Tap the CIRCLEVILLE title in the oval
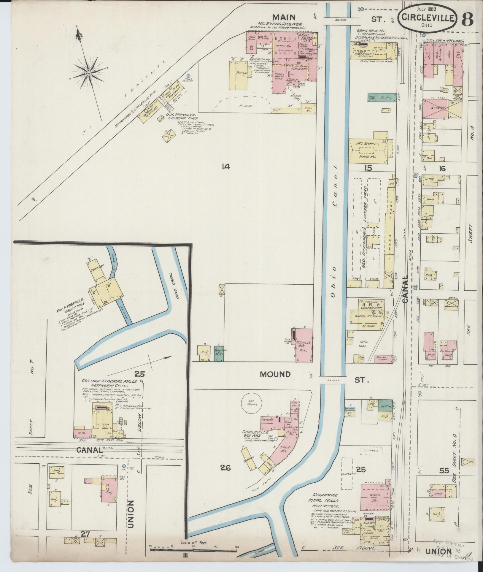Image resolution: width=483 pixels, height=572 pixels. click(x=428, y=18)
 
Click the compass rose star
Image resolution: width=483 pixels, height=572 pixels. click(x=89, y=73)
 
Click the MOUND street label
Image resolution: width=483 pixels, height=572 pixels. click(x=275, y=374)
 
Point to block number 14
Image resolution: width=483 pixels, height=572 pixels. click(x=225, y=167)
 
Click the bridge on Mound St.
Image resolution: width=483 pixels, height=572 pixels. click(x=332, y=381)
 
